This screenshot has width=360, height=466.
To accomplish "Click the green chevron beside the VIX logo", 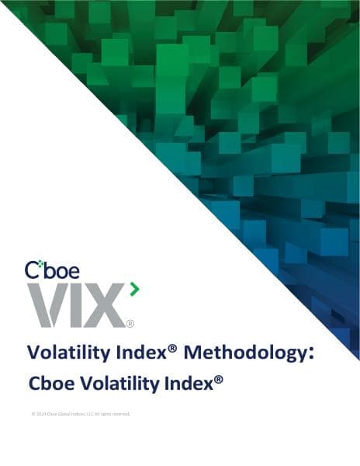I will [134, 290].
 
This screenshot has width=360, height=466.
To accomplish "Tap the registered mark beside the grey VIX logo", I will [130, 323].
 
